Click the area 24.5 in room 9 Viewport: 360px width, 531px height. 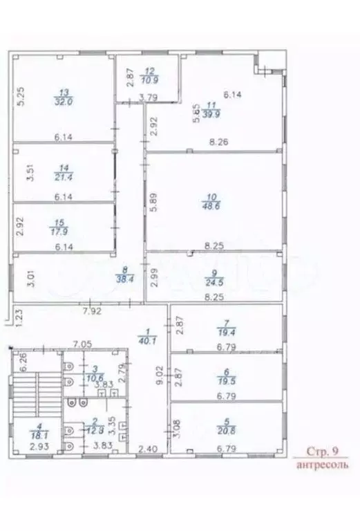(x=210, y=281)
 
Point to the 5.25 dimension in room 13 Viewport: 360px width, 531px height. (x=21, y=93)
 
